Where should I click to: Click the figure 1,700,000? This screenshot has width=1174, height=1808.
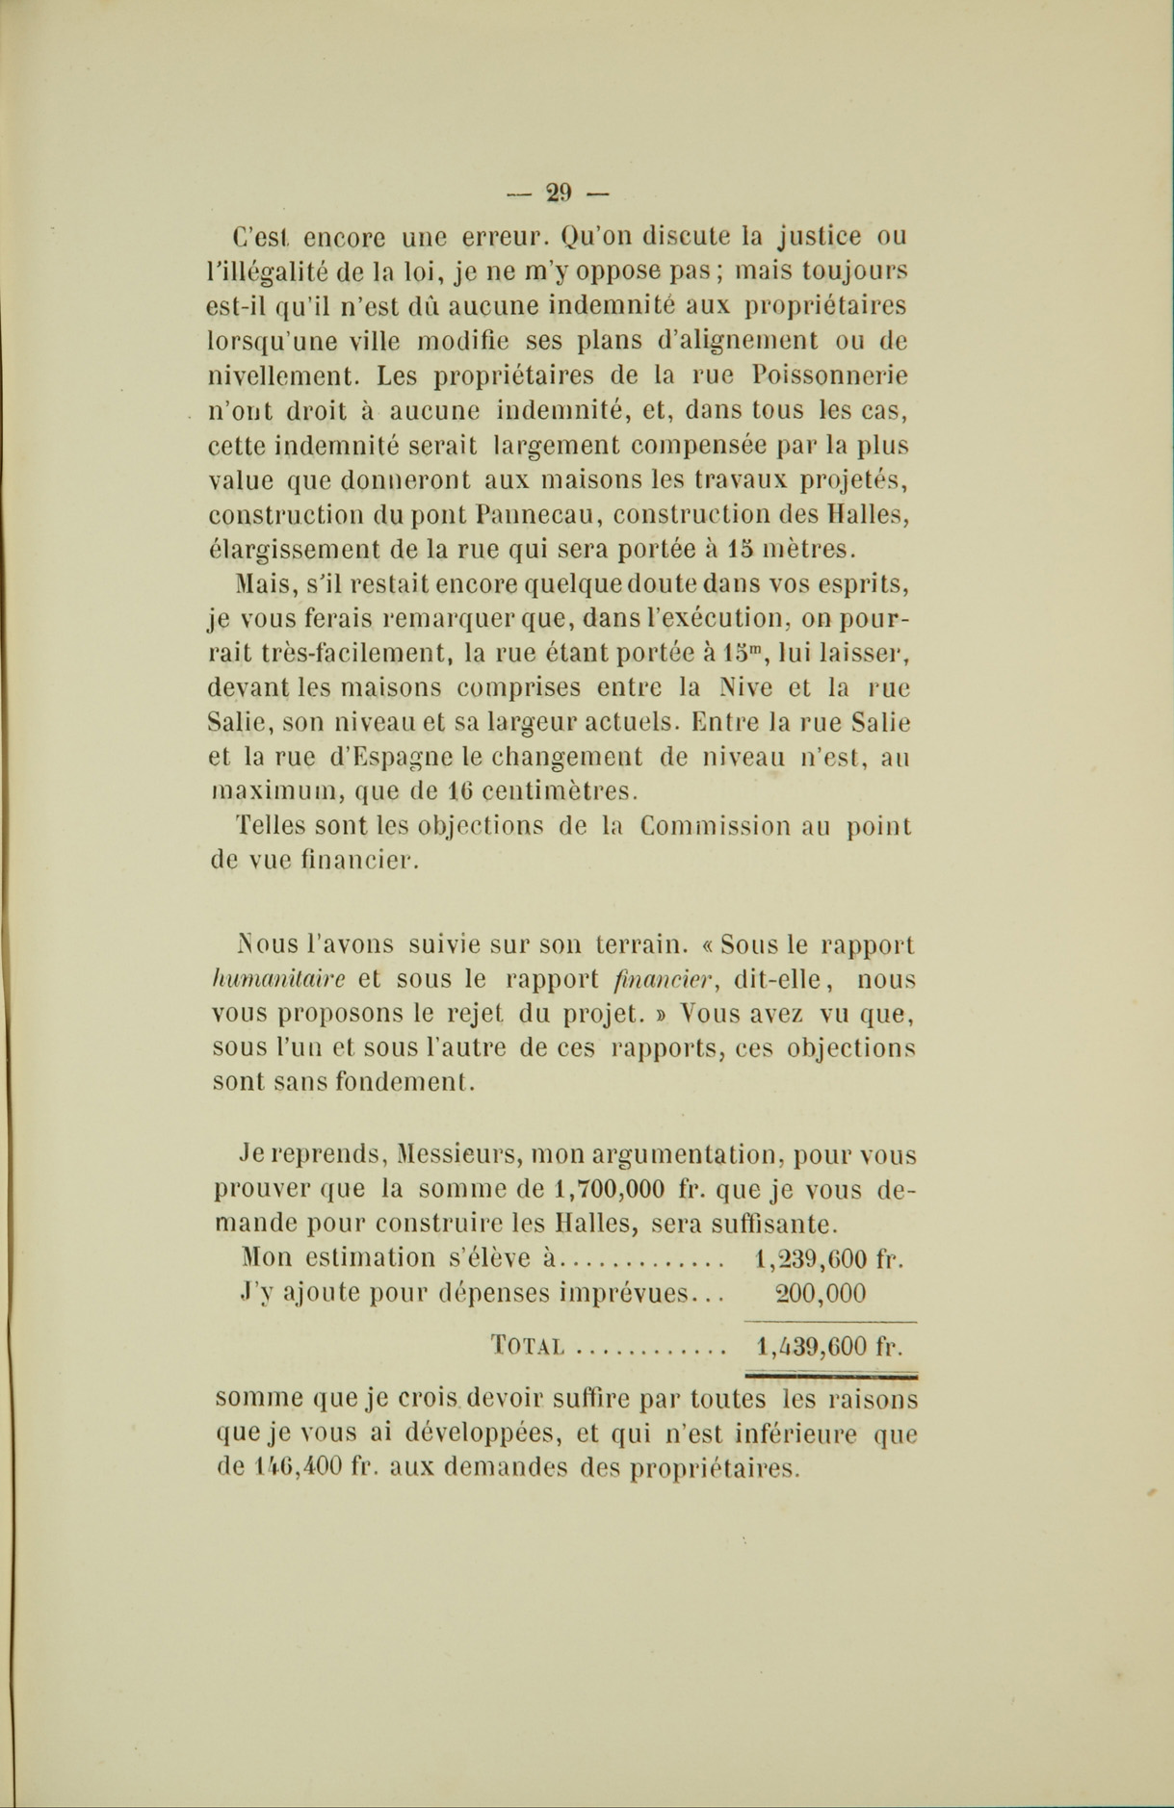(x=612, y=1189)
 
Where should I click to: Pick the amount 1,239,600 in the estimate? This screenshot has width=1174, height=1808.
(x=806, y=1258)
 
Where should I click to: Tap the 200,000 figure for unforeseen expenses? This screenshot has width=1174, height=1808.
(x=821, y=1293)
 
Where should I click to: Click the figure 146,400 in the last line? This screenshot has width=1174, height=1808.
(x=300, y=1469)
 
